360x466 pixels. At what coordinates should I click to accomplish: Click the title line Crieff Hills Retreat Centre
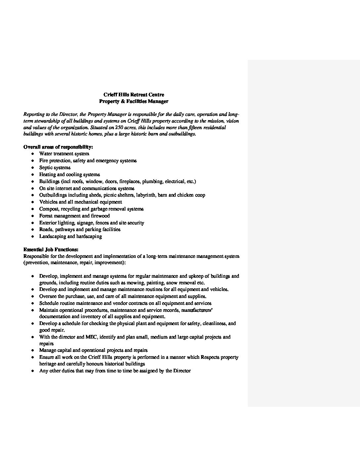point(134,95)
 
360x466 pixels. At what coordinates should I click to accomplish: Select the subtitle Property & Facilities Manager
point(134,101)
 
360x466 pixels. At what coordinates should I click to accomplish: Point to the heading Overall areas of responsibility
point(58,147)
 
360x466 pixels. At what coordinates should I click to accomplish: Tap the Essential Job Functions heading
point(51,250)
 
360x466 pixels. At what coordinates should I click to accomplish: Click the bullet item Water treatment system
point(64,154)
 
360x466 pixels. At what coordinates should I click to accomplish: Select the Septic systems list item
point(55,167)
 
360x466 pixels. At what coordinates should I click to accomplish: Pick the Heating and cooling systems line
point(69,174)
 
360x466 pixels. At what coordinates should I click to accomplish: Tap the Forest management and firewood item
point(74,216)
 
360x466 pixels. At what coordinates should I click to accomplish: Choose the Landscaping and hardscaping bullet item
point(70,236)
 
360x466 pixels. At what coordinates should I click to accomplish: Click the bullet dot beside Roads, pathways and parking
point(32,230)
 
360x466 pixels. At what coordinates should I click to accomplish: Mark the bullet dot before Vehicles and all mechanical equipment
point(32,202)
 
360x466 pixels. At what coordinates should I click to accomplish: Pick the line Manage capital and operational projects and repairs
point(93,350)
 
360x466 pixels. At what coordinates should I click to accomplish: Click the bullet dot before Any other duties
point(32,371)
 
